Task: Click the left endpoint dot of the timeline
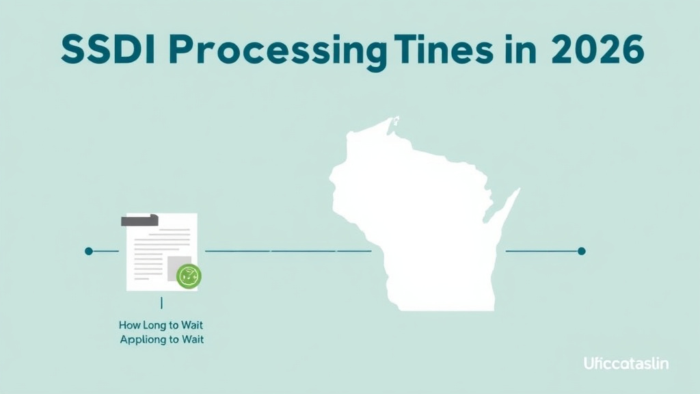click(89, 251)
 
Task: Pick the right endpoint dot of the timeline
click(582, 251)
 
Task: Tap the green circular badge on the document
click(188, 276)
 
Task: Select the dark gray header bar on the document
click(139, 220)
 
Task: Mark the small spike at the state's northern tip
click(394, 123)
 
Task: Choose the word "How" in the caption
click(129, 325)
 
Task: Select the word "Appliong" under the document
click(142, 339)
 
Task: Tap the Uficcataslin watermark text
click(626, 363)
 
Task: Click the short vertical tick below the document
click(161, 302)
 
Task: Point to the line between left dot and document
click(106, 251)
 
